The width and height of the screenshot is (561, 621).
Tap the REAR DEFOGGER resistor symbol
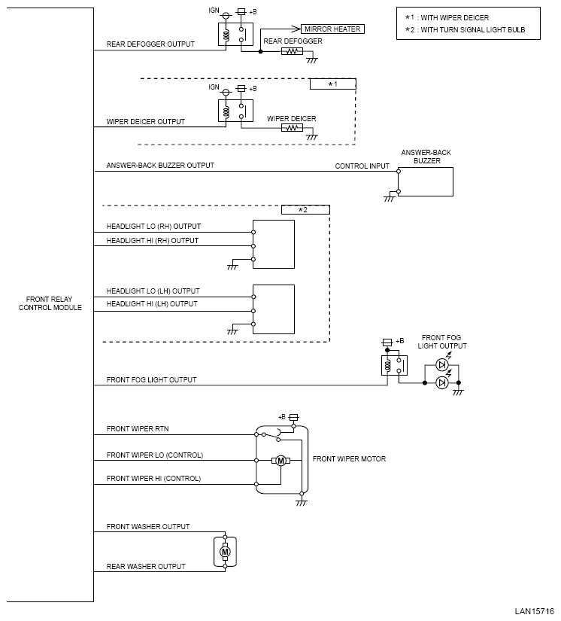[x=292, y=52]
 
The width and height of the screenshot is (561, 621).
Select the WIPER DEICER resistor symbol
[x=292, y=128]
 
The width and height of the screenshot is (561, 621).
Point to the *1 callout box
[x=332, y=84]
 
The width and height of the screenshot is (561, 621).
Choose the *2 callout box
[x=305, y=210]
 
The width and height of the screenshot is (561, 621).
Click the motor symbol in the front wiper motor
[x=280, y=461]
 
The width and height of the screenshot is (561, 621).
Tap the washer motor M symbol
[x=224, y=553]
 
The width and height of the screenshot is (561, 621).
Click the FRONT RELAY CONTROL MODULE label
[x=50, y=303]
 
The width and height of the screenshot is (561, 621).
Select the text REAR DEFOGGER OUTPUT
[x=150, y=44]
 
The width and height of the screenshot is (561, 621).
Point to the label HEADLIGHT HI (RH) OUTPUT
[x=153, y=241]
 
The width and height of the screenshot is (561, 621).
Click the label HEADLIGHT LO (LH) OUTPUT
[x=153, y=291]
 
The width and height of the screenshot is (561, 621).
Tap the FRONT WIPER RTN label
[x=137, y=429]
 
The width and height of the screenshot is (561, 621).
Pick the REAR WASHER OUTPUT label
[x=146, y=566]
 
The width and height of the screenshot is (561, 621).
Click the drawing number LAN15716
[x=534, y=611]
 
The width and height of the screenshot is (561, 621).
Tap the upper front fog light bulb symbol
[x=442, y=366]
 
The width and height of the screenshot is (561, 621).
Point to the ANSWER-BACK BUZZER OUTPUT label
[x=160, y=166]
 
